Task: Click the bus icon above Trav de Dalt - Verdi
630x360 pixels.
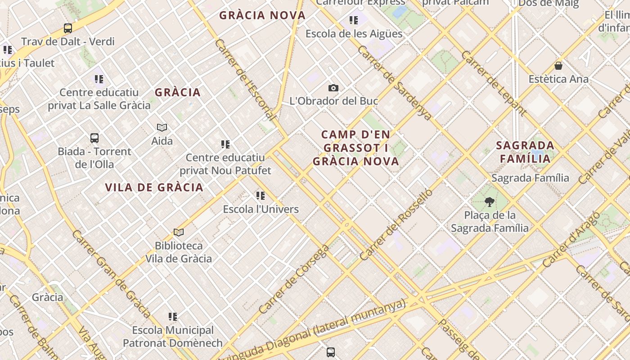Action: pyautogui.click(x=68, y=28)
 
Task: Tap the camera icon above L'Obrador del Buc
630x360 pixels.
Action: pyautogui.click(x=333, y=88)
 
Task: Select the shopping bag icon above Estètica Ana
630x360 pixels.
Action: pyautogui.click(x=558, y=66)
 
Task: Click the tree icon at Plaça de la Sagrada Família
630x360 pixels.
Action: pyautogui.click(x=490, y=202)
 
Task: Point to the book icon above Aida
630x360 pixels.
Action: pyautogui.click(x=162, y=128)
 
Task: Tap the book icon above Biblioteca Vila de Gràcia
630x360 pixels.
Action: pyautogui.click(x=179, y=233)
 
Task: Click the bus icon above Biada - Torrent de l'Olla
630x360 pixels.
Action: pyautogui.click(x=94, y=138)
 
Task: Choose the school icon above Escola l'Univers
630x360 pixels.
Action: pyautogui.click(x=261, y=196)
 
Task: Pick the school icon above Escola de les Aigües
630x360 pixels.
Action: pyautogui.click(x=354, y=20)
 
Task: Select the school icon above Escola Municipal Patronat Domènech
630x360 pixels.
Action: pyautogui.click(x=173, y=317)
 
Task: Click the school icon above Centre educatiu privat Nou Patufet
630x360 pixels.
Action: pyautogui.click(x=225, y=144)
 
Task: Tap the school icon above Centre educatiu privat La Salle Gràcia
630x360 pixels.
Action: pyautogui.click(x=99, y=79)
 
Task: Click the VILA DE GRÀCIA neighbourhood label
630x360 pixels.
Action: pyautogui.click(x=154, y=188)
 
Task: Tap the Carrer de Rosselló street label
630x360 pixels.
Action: pyautogui.click(x=396, y=225)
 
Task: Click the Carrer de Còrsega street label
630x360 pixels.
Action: pyautogui.click(x=294, y=279)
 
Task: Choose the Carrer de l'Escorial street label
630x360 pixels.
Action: pyautogui.click(x=245, y=80)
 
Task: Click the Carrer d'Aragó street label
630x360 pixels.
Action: pyautogui.click(x=571, y=239)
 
